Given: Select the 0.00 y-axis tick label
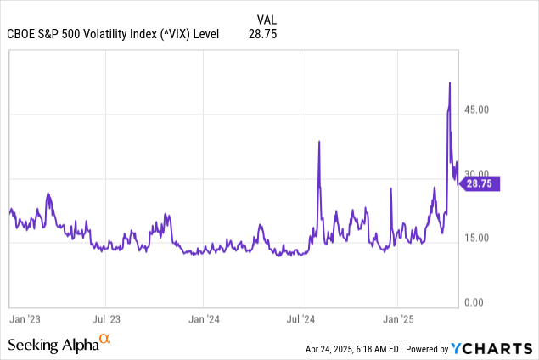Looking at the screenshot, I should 478,302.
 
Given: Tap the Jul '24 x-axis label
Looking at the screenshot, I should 300,319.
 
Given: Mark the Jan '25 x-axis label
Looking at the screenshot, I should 398,319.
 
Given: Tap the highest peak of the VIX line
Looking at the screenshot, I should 449,82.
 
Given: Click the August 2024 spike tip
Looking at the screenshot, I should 319,141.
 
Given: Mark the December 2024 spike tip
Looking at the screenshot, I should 390,188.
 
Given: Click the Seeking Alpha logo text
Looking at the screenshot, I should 53,345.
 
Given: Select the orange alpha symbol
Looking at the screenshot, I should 105,340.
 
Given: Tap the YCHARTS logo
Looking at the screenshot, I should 492,348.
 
